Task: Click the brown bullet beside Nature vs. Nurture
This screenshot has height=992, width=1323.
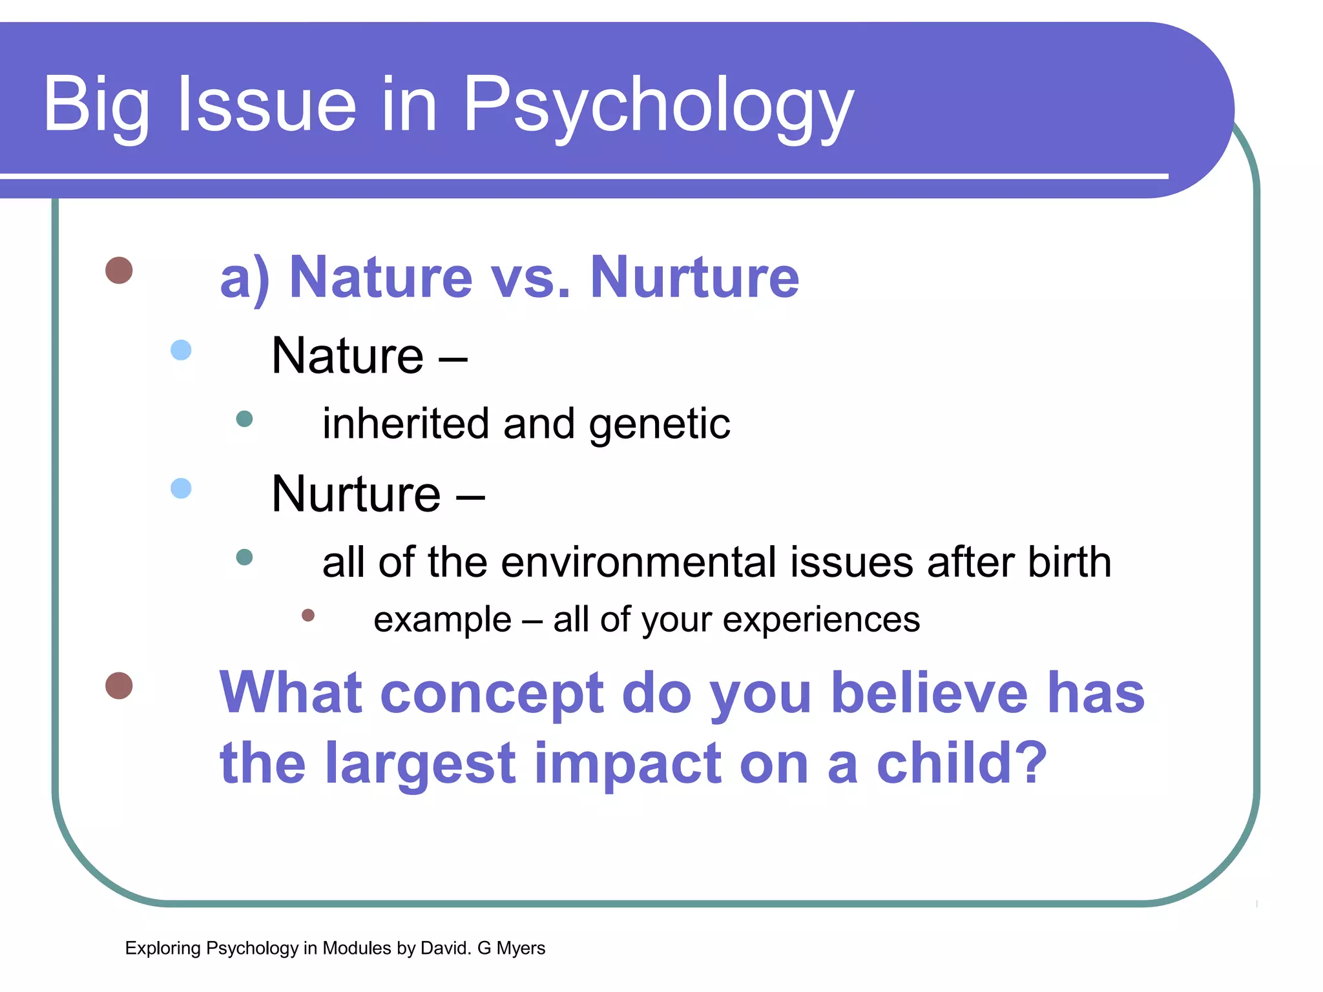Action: (119, 270)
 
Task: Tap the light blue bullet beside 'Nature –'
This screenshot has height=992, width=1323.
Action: (181, 350)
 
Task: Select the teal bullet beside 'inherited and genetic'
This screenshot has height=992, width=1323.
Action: (244, 419)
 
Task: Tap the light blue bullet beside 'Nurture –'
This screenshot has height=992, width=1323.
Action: (181, 488)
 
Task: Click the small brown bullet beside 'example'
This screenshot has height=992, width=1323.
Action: (308, 615)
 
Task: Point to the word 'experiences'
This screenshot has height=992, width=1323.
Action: (820, 620)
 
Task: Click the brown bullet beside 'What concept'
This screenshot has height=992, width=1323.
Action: (119, 685)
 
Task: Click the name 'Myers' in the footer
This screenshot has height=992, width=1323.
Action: (521, 948)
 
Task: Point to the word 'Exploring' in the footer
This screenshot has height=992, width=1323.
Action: (163, 948)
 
